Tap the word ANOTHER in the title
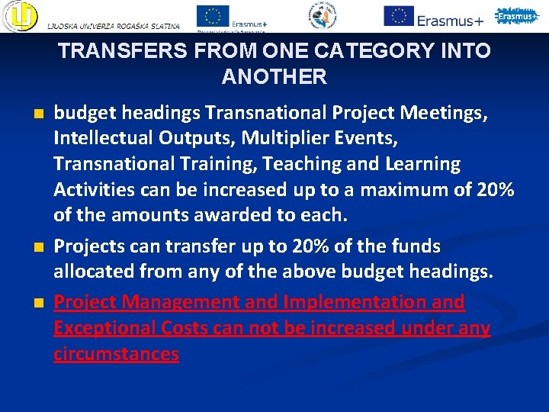coord(274,77)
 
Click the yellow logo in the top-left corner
coord(18,16)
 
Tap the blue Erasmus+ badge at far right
coord(516,15)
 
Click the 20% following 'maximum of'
coord(494,190)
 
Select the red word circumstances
coord(116,354)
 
